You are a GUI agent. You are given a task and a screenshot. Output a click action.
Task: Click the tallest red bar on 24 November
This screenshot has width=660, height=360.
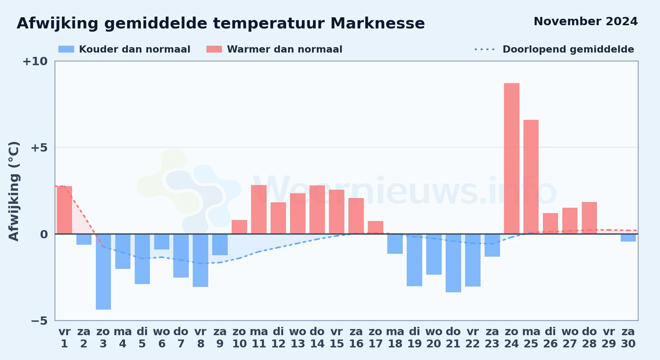click(x=512, y=158)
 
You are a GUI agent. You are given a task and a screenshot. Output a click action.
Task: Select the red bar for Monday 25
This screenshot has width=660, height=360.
click(x=531, y=177)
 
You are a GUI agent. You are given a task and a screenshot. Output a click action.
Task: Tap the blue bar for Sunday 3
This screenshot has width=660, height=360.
click(x=103, y=272)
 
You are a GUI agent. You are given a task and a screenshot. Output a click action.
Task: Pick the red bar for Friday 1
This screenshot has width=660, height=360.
click(x=64, y=210)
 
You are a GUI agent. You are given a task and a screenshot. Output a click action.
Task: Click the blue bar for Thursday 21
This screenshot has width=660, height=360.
click(x=453, y=263)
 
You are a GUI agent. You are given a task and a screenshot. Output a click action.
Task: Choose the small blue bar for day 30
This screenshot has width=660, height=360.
click(x=628, y=238)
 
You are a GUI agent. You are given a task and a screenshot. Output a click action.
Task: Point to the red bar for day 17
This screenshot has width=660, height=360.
click(x=375, y=228)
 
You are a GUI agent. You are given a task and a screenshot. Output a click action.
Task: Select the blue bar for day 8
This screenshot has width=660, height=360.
click(x=201, y=260)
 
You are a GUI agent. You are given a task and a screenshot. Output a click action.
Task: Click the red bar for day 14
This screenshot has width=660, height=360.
click(x=317, y=210)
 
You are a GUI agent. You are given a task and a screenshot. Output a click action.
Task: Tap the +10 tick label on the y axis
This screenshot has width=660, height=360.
click(x=35, y=62)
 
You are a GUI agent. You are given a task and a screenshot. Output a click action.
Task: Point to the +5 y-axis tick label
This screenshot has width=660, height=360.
click(x=39, y=148)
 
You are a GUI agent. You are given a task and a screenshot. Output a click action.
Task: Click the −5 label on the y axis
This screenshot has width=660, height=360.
click(x=39, y=320)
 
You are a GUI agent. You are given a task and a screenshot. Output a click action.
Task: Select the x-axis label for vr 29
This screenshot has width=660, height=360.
click(x=609, y=337)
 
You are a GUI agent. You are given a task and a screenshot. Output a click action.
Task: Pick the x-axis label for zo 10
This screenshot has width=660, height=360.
click(x=239, y=337)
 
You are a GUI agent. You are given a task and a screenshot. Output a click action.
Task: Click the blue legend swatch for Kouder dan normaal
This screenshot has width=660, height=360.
click(x=66, y=49)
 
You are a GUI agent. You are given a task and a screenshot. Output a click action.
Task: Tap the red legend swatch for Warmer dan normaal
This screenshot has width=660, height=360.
click(x=214, y=49)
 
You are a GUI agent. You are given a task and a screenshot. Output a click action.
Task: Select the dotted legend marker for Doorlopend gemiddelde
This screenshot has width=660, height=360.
click(x=485, y=49)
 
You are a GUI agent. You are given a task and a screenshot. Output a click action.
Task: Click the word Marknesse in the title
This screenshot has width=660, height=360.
click(x=378, y=23)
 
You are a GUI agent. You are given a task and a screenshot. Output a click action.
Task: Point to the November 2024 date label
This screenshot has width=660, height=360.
click(x=585, y=21)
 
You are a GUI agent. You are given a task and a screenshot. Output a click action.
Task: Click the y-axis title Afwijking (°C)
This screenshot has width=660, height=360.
click(x=14, y=191)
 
